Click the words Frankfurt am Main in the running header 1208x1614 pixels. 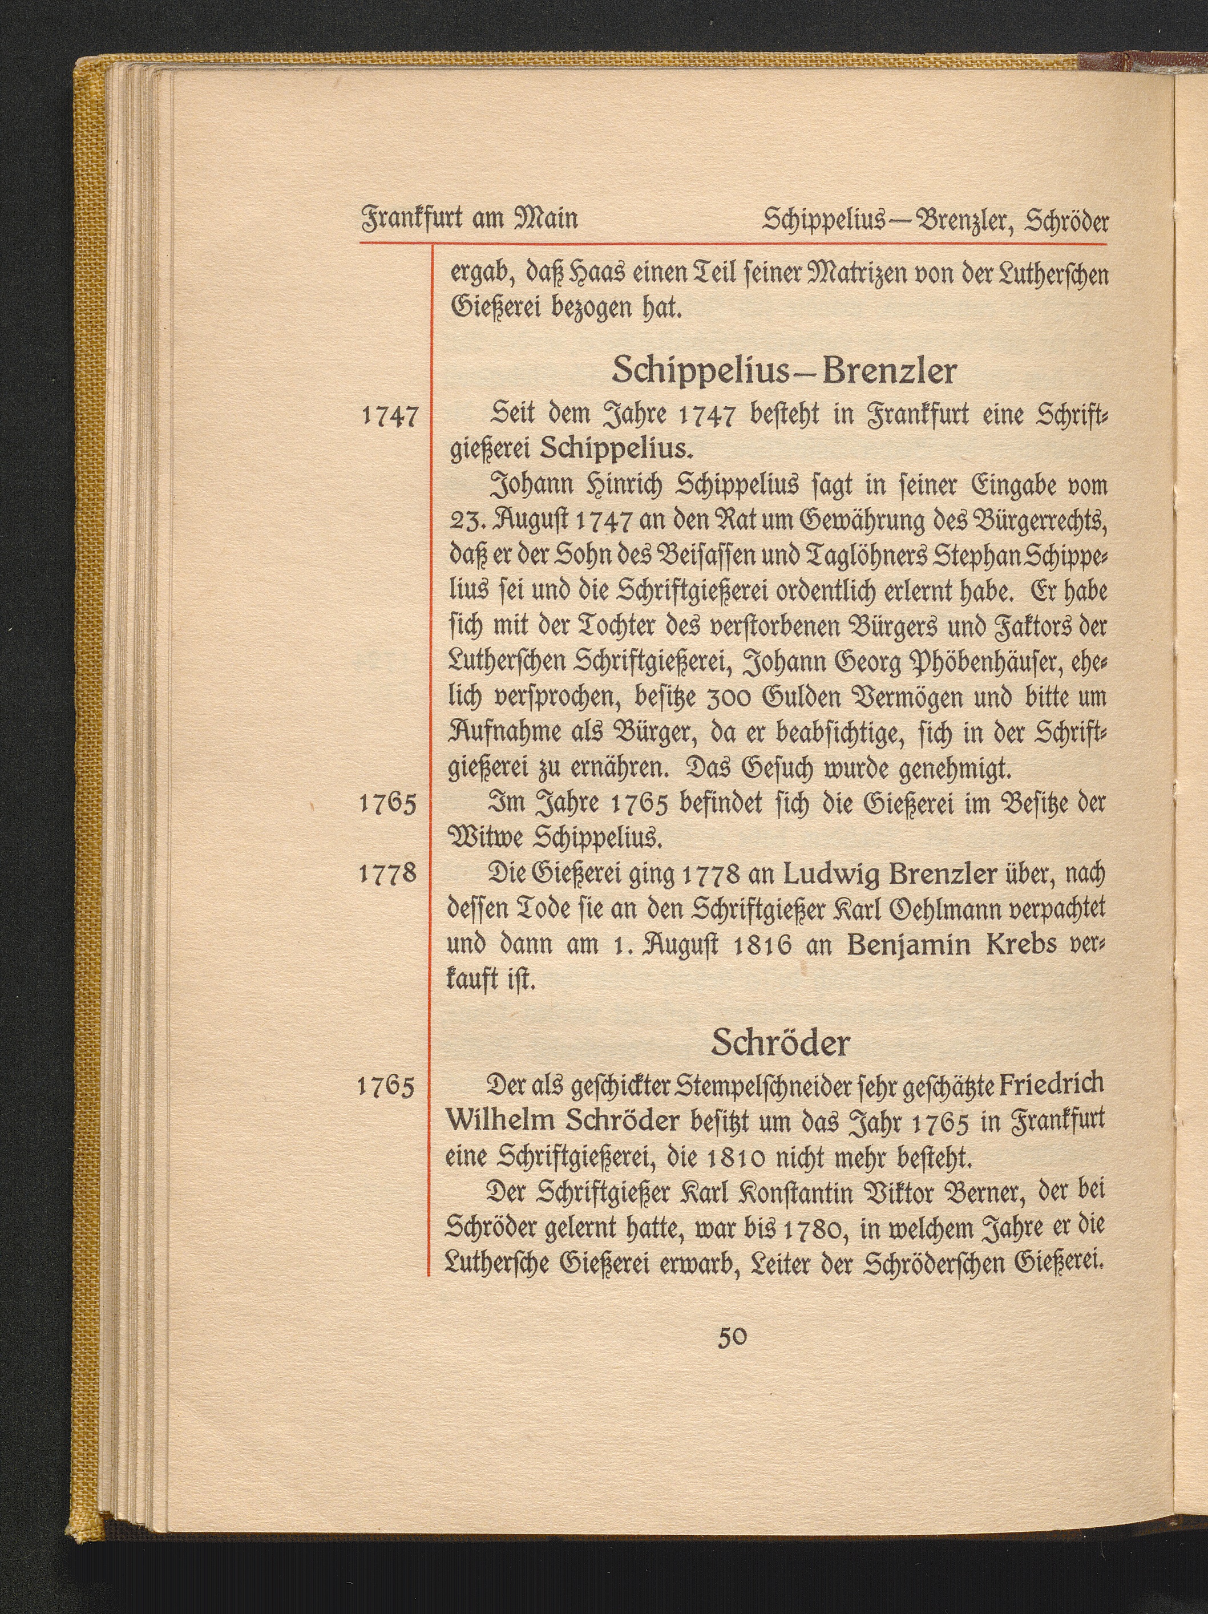pos(468,219)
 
